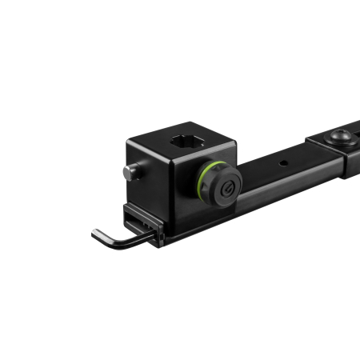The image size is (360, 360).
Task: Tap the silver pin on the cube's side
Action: click(x=130, y=172)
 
